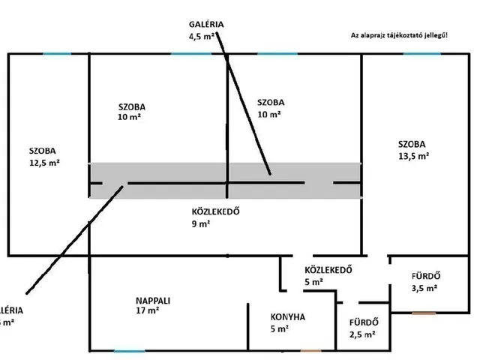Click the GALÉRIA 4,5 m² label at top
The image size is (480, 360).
pyautogui.click(x=206, y=29)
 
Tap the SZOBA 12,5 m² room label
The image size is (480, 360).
pyautogui.click(x=44, y=155)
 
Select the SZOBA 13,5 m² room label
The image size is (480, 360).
pyautogui.click(x=413, y=149)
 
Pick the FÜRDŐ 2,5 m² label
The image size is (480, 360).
pyautogui.click(x=364, y=328)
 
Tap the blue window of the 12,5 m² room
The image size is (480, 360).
pyautogui.click(x=57, y=53)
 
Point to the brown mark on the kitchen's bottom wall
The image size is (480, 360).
pyautogui.click(x=310, y=350)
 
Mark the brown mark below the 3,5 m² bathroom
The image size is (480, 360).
pyautogui.click(x=422, y=312)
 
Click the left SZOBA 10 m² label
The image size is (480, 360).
pyautogui.click(x=131, y=111)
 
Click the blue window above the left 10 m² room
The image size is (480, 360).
pyautogui.click(x=190, y=53)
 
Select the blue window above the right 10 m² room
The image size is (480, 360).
pyautogui.click(x=276, y=53)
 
